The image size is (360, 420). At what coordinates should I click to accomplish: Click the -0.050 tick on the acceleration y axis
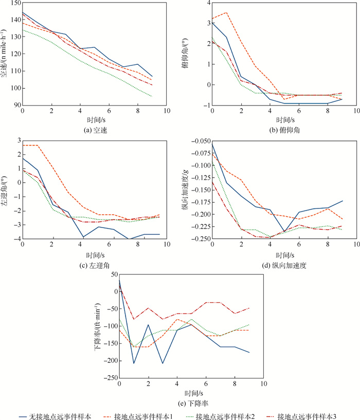point(199,141)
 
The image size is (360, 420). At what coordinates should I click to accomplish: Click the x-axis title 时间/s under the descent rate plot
point(191,393)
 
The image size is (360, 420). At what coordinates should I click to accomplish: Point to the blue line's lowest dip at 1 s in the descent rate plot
point(134,363)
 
